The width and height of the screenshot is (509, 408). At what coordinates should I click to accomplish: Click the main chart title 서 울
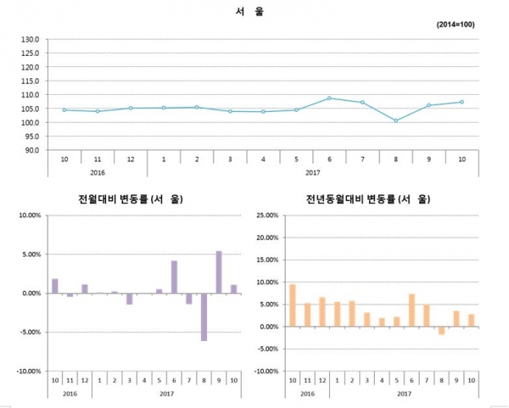255,13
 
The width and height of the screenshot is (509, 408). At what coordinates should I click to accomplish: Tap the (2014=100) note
456,25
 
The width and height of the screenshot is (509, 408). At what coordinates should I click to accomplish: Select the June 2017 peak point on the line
329,98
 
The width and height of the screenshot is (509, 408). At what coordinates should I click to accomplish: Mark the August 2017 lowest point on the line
395,120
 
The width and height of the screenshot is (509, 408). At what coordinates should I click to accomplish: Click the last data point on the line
461,102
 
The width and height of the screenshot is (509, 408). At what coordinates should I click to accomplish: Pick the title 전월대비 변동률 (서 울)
131,200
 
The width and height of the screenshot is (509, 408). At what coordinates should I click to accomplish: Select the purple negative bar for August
204,316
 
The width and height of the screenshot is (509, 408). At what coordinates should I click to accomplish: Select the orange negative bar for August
441,331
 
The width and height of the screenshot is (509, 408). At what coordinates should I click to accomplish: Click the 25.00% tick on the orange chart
266,215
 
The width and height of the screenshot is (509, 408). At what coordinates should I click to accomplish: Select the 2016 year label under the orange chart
307,394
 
